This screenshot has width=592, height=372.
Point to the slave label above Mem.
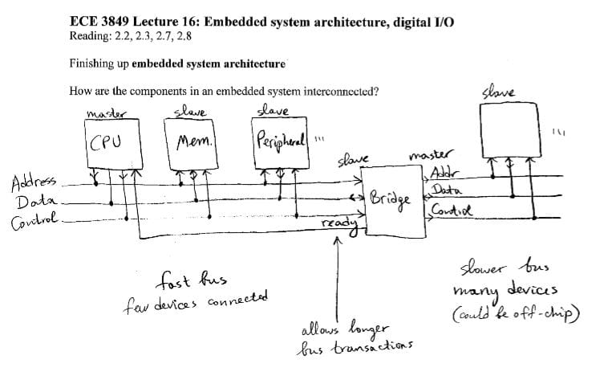pos(189,112)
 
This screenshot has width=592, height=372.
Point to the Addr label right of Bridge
pos(442,174)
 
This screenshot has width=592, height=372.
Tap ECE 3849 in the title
pos(102,22)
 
